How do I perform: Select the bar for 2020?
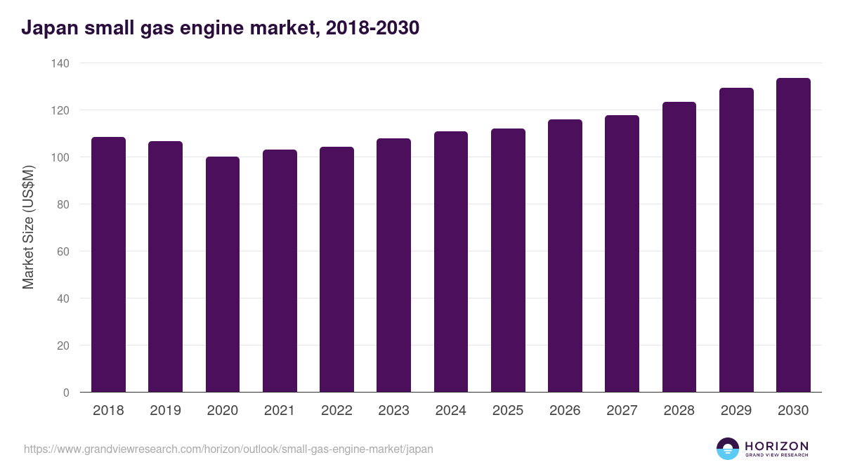223,275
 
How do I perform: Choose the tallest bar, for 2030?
793,235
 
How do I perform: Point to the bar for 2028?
679,247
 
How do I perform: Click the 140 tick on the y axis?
60,63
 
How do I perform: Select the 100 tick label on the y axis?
60,157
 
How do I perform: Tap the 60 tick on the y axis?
63,251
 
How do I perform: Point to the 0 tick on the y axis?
66,393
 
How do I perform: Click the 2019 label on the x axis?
165,411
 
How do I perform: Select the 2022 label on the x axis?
336,411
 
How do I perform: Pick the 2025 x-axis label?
508,411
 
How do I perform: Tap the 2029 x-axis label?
736,411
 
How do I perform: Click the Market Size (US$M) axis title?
28,228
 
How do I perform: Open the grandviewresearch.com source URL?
228,449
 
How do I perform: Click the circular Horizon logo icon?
728,449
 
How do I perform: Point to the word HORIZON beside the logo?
776,445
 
